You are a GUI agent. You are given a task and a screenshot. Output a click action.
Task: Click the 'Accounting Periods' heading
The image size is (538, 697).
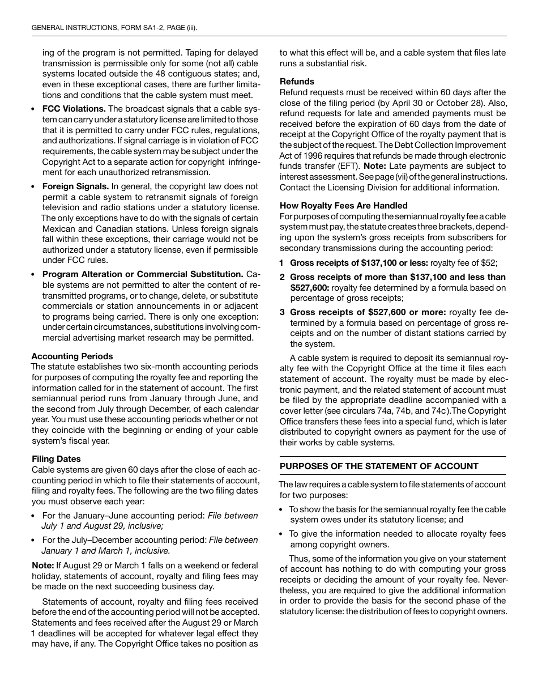(72, 356)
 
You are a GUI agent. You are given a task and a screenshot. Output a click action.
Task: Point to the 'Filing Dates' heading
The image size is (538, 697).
(56, 459)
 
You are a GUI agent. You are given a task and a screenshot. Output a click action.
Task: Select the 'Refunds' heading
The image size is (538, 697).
(297, 82)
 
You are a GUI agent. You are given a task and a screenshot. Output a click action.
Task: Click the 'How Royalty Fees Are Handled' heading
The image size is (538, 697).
(343, 206)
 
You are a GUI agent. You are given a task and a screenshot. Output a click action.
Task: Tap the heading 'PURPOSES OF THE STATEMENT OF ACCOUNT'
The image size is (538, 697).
(379, 466)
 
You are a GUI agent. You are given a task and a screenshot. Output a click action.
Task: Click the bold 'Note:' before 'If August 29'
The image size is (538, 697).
(42, 566)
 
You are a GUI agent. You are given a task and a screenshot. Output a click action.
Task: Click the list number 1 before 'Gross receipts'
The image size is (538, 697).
(281, 263)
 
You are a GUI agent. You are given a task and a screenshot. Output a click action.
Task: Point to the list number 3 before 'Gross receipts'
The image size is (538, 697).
(281, 312)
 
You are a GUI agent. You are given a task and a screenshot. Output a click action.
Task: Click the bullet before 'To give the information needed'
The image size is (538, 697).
(282, 534)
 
